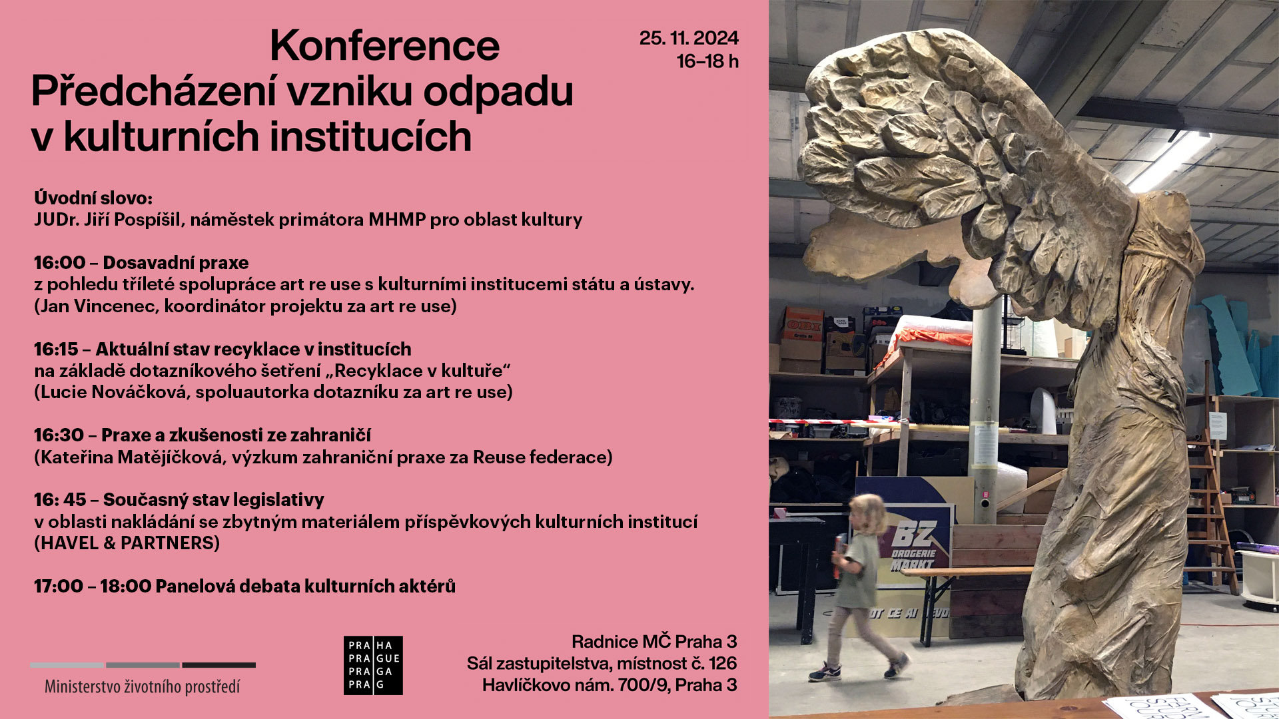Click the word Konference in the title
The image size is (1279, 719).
click(x=384, y=46)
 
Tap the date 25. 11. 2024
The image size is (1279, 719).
click(x=689, y=38)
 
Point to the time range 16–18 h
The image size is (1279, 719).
click(x=707, y=61)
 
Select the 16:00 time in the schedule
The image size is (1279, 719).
click(x=60, y=262)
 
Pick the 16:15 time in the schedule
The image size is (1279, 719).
click(x=57, y=349)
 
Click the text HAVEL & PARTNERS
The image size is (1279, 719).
click(x=127, y=543)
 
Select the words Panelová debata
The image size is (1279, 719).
click(x=250, y=586)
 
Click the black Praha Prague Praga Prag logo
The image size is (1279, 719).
click(x=373, y=665)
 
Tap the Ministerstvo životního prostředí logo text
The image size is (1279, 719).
click(x=142, y=686)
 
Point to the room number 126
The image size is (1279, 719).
click(x=723, y=663)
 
